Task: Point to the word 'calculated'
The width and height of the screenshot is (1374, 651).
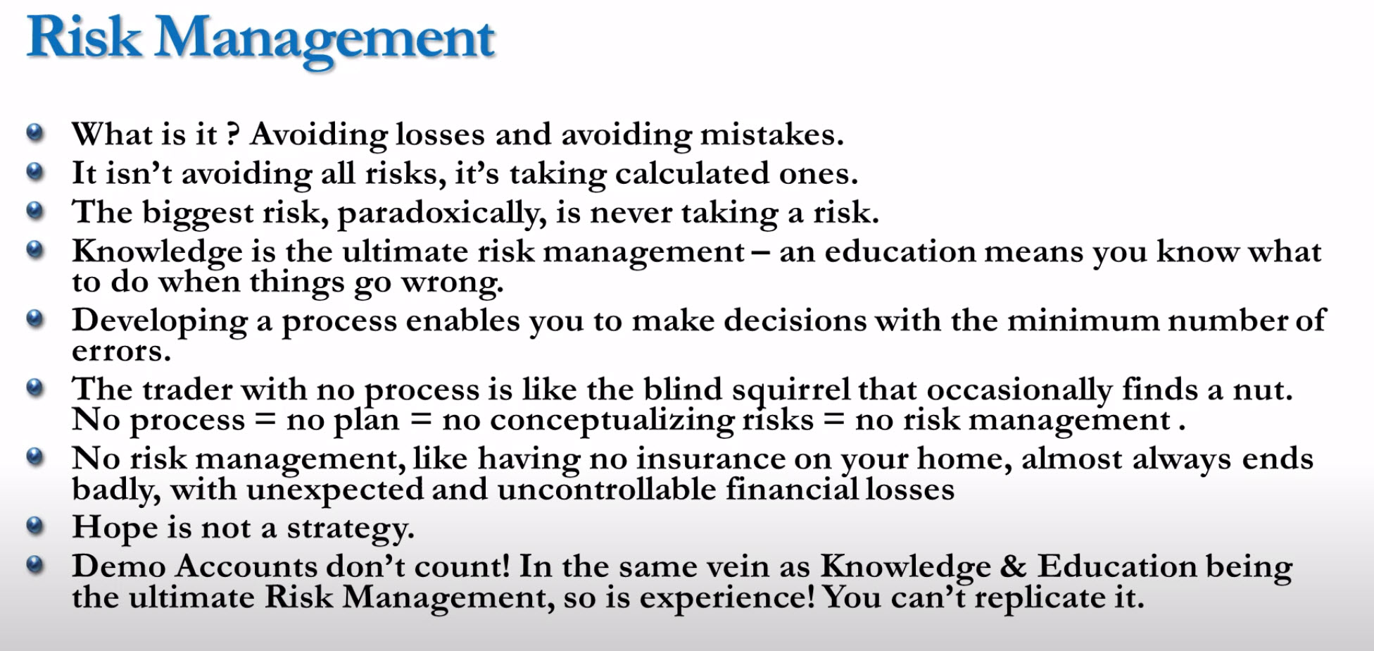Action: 692,173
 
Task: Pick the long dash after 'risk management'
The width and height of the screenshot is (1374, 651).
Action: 761,252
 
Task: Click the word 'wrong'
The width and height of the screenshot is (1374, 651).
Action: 453,283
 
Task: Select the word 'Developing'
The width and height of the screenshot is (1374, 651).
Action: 160,321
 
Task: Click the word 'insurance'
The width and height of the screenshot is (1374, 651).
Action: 711,459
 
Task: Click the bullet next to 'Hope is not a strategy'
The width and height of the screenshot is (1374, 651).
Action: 35,525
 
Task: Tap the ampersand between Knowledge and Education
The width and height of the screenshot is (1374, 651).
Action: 1013,566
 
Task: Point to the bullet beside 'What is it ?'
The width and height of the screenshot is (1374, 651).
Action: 35,132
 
